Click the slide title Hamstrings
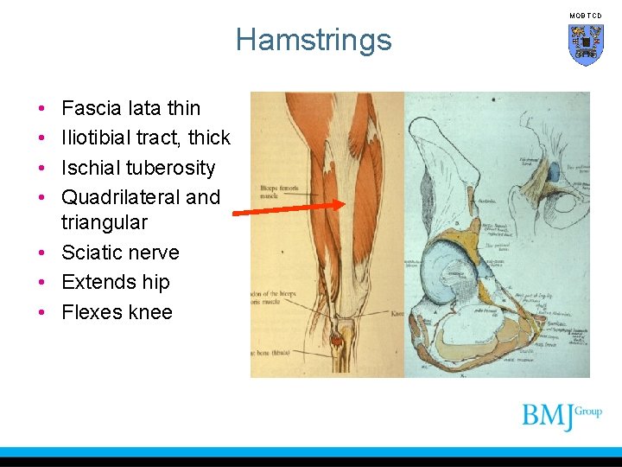(313, 40)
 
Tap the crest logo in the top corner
(585, 44)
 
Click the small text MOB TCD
(585, 16)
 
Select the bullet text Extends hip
(116, 282)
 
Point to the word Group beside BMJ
(589, 412)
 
